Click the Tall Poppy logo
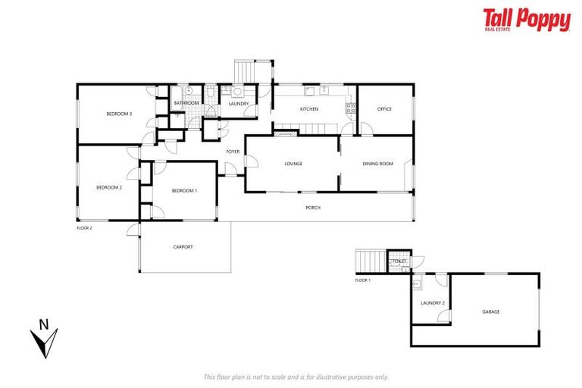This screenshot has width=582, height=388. click(527, 20)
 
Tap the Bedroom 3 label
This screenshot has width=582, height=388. click(119, 114)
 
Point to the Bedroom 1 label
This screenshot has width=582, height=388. click(184, 190)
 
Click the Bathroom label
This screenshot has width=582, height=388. click(186, 103)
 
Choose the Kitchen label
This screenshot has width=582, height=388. click(308, 109)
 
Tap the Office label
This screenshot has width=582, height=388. click(384, 109)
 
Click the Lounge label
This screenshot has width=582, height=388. click(293, 163)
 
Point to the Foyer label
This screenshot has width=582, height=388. click(233, 152)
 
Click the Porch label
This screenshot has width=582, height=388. click(313, 207)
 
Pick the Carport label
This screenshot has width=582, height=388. click(183, 247)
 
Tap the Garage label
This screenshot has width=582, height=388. click(490, 311)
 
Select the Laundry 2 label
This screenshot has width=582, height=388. click(432, 303)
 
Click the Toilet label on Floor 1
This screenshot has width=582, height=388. click(399, 261)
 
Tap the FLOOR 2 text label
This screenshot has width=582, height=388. click(84, 227)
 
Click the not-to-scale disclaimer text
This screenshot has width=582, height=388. click(296, 377)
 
